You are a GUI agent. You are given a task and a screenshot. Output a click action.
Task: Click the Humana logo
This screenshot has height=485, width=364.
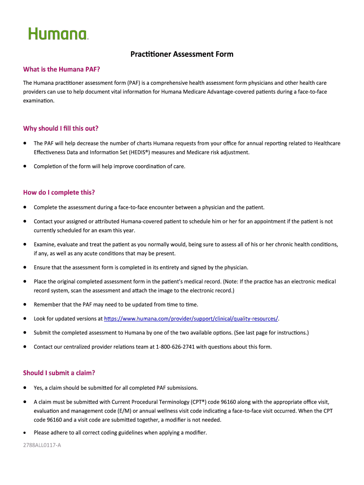(58, 34)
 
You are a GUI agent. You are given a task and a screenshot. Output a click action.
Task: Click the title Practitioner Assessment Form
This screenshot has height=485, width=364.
(182, 54)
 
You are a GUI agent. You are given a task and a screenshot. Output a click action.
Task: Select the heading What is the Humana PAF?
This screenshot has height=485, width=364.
(61, 70)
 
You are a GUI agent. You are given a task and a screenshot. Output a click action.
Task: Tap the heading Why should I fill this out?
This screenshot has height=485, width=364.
(61, 128)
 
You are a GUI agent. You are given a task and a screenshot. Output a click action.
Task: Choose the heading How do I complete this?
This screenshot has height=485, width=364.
(59, 192)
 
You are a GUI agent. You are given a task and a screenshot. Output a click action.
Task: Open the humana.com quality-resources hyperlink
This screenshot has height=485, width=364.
(191, 318)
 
